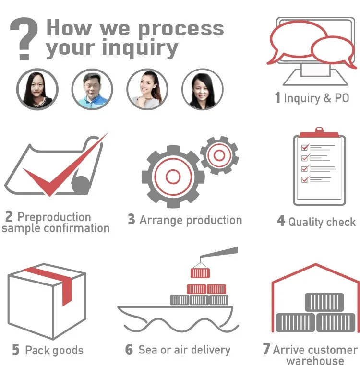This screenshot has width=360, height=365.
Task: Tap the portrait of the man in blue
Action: point(92,90)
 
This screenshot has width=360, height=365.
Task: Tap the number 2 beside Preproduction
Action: point(9,217)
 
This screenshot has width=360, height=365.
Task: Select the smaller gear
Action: point(219,154)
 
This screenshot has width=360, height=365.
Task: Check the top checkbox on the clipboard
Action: point(304,147)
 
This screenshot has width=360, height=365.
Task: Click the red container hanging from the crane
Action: point(200,273)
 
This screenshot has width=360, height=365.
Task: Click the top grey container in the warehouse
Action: point(324,302)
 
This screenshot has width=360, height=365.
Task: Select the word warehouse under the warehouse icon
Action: point(315,361)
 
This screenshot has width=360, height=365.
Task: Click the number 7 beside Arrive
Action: point(266,350)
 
